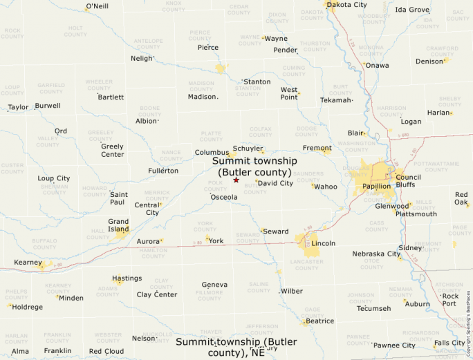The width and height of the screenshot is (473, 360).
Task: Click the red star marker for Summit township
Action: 236,180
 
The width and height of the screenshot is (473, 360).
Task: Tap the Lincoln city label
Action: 324,243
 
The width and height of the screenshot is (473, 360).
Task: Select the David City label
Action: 275,183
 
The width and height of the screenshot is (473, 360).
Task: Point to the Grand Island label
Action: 118,225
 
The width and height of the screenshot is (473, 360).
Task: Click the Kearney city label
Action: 28,263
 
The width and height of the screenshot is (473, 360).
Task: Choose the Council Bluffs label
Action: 408,181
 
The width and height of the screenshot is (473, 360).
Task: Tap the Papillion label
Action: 376,186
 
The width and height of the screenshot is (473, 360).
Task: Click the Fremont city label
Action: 317,148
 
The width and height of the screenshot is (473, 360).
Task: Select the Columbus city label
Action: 211,152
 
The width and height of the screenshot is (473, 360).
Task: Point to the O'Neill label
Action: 97,7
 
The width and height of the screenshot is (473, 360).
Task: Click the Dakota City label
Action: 347,5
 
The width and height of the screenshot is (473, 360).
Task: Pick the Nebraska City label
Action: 376,254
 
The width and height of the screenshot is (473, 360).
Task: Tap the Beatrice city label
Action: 319,321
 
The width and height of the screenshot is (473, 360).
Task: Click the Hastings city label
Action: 127,278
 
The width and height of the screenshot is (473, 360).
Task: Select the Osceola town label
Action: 224,197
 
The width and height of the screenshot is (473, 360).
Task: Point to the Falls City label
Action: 449,343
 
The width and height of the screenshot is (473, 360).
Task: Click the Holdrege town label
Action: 28,307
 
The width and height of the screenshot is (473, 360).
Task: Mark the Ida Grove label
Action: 412,10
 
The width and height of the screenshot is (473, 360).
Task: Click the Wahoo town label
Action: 326,187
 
